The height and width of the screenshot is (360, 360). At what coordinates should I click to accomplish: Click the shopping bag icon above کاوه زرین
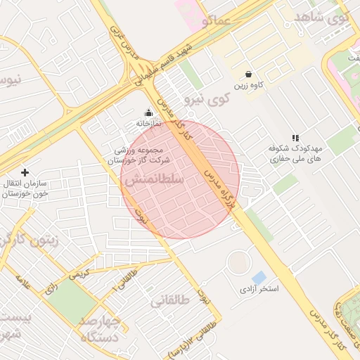(249, 73)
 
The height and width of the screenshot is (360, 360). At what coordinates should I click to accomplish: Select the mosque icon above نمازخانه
(148, 112)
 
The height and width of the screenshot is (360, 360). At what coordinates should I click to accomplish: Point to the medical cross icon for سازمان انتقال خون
(25, 172)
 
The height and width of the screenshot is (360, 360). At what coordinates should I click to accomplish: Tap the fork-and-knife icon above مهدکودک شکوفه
(295, 139)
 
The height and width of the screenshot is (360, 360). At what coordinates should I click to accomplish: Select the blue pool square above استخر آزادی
(259, 278)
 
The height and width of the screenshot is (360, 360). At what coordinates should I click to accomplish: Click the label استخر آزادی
(259, 290)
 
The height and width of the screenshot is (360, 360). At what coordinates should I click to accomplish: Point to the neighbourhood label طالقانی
(170, 301)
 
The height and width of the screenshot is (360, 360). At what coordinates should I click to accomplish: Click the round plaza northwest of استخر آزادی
(238, 262)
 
